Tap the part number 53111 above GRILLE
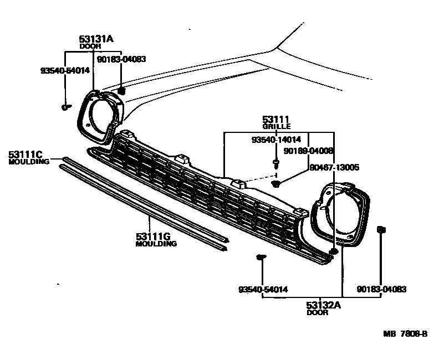(276, 120)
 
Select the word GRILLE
(276, 127)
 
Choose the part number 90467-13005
(334, 166)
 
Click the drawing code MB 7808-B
(405, 333)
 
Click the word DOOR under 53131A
(90, 47)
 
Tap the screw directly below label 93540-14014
(275, 163)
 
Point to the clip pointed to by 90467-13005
(277, 183)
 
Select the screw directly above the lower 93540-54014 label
(261, 257)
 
